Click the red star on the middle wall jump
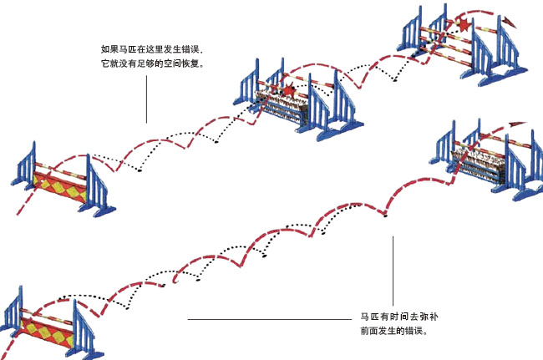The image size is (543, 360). tap(288, 89)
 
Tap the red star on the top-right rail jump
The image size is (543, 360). tap(464, 25)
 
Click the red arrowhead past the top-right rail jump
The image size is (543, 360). tap(506, 18)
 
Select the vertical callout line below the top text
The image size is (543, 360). tap(146, 97)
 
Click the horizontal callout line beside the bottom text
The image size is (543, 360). tap(268, 319)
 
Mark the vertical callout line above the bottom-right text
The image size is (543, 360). tap(393, 269)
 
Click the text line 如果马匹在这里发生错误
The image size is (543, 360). tap(155, 49)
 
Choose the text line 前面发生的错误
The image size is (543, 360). tap(394, 332)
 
